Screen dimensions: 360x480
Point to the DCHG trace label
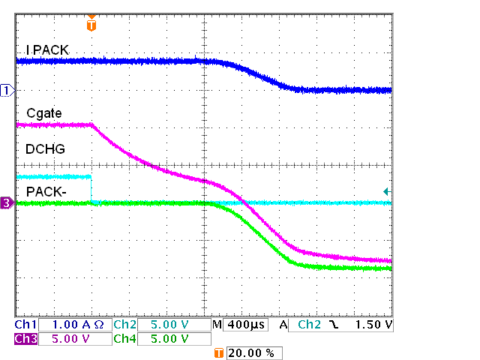click(x=45, y=149)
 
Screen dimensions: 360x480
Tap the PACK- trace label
click(x=46, y=191)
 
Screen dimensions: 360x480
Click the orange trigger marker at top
click(x=91, y=24)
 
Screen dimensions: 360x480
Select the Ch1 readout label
click(x=25, y=325)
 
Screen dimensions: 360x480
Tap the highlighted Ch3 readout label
click(x=25, y=338)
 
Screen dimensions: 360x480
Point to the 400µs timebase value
click(x=242, y=325)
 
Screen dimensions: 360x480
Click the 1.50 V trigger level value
click(x=372, y=325)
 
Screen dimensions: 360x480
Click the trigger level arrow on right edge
click(x=386, y=192)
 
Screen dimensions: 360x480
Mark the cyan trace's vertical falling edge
click(x=91, y=189)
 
